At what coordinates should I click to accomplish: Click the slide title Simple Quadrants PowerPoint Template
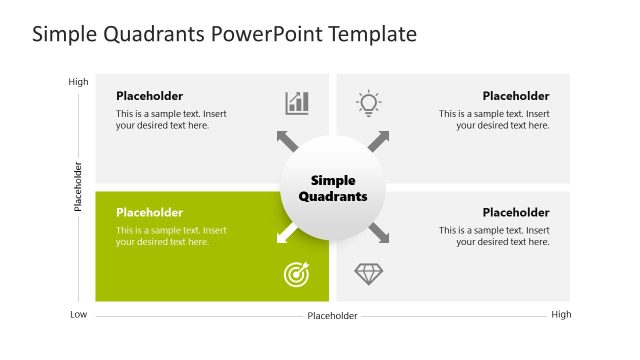point(224,34)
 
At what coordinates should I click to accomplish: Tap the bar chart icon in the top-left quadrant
point(297,102)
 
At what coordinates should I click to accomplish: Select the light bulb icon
point(369,102)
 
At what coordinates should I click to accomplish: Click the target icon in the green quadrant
point(297,274)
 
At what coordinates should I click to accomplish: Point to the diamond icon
point(369,274)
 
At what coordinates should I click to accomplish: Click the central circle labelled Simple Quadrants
point(333,188)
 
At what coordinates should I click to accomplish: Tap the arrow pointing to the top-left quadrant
point(287,141)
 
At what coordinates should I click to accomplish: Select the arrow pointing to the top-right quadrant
point(378,141)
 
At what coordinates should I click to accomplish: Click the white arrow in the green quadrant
point(287,234)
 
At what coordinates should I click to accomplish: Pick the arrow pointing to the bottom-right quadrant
point(378,234)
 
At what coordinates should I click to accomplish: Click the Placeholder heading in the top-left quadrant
point(149,96)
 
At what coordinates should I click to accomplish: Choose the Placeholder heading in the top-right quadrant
point(516,96)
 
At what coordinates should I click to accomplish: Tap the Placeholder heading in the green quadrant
point(149,212)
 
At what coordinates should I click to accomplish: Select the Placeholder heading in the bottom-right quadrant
point(516,212)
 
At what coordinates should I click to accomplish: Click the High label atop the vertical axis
point(78,82)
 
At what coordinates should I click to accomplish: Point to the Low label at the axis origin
point(78,315)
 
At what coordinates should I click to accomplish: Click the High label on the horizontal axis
point(561,315)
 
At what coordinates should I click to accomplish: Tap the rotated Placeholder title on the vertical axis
point(78,186)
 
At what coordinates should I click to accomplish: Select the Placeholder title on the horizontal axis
point(332,316)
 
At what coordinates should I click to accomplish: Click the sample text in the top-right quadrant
point(494,120)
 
